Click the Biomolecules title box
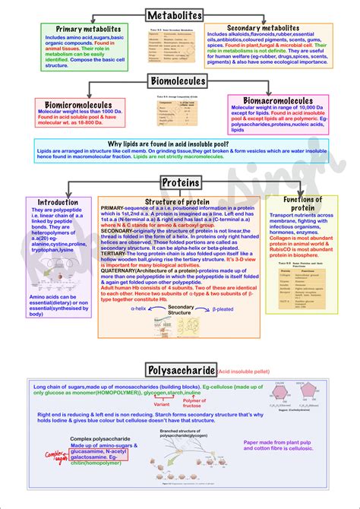coord(178,81)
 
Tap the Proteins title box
coord(181,183)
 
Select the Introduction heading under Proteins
coord(58,203)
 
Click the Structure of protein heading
coord(177,201)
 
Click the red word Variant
coord(161,405)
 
